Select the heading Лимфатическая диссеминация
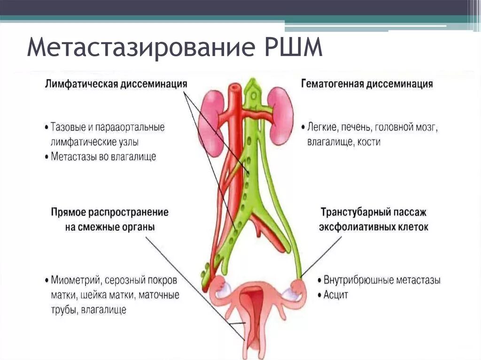pyautogui.click(x=116, y=84)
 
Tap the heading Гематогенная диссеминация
pyautogui.click(x=366, y=84)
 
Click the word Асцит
pyautogui.click(x=335, y=295)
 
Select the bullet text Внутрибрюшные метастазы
pyautogui.click(x=382, y=280)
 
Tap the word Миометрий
pyautogui.click(x=75, y=280)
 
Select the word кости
pyautogui.click(x=369, y=142)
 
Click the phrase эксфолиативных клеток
pyautogui.click(x=373, y=227)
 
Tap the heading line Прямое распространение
pyautogui.click(x=109, y=212)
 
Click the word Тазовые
pyautogui.click(x=67, y=127)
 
